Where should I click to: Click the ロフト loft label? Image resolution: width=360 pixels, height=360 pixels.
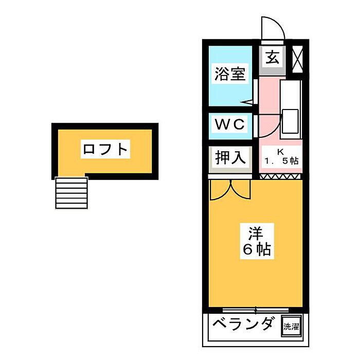105,149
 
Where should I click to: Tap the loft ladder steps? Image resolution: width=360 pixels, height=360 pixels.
71,193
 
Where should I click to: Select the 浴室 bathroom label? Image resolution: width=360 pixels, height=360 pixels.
230,74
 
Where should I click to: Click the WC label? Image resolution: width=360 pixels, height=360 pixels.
229,124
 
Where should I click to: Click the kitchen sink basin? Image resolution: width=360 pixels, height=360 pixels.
290,122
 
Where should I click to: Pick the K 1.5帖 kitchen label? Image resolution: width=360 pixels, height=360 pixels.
281,156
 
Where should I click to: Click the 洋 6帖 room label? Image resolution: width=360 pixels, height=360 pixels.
257,241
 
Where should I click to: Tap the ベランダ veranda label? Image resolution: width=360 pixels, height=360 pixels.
243,324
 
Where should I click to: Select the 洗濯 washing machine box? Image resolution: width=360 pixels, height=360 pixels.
291,326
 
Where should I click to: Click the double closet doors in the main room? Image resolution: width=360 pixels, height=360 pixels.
230,190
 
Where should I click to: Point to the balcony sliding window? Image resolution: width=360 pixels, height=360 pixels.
256,310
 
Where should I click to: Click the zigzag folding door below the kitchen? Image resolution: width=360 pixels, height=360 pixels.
280,176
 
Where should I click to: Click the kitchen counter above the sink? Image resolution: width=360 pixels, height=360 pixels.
291,94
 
